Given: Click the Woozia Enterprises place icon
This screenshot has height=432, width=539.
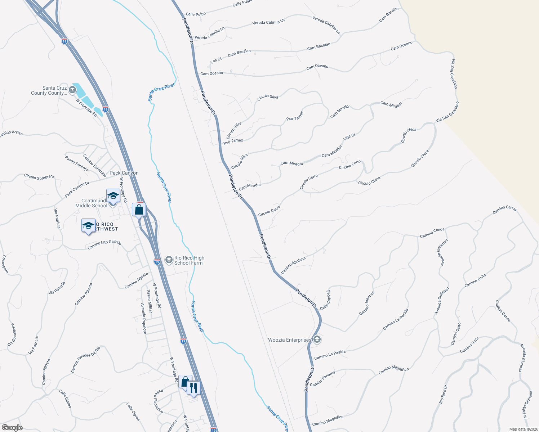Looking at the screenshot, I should click(317, 339).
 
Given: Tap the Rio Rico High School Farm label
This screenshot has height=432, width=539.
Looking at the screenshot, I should click(189, 260).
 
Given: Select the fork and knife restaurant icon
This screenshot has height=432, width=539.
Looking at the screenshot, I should click(194, 388).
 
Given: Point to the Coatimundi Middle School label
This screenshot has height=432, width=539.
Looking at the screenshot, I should click(91, 203).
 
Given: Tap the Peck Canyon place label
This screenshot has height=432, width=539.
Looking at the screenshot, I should click(124, 173).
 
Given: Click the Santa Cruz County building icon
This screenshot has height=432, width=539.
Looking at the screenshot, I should click(72, 89).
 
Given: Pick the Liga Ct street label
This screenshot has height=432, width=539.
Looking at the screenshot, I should click(349, 137).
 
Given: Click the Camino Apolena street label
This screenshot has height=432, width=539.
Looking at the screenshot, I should click(293, 265).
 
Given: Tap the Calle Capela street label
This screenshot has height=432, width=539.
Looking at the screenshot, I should click(325, 300).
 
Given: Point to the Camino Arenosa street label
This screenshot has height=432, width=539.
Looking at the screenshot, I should click(367, 303).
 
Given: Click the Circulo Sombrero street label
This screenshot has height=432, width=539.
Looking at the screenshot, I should click(39, 177).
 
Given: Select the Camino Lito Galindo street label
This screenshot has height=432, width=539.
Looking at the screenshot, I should click(104, 244).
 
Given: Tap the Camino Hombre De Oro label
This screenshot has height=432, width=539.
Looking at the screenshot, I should click(86, 360).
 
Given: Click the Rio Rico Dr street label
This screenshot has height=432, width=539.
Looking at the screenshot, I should click(443, 394).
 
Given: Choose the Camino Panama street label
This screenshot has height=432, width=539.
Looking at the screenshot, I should click(322, 378).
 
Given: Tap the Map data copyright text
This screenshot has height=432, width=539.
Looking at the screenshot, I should click(523, 429).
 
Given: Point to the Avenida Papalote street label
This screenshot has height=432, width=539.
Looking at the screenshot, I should click(143, 318).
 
